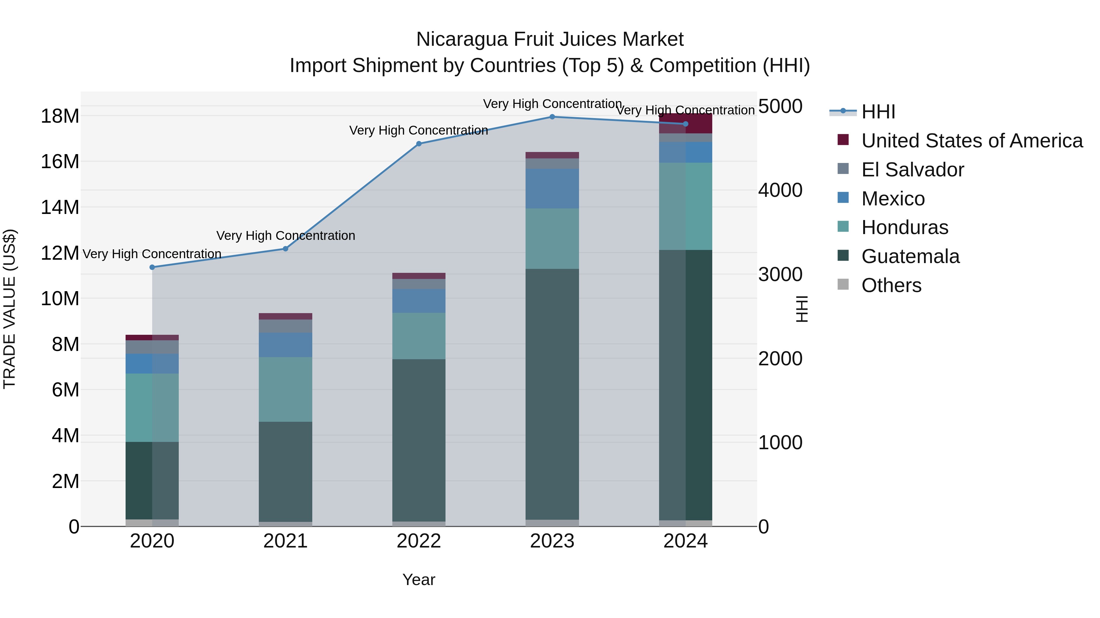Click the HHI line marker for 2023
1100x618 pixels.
click(x=552, y=117)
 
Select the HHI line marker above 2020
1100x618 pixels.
click(x=152, y=267)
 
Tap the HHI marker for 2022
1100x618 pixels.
click(x=419, y=144)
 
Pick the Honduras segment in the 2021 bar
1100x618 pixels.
click(x=285, y=389)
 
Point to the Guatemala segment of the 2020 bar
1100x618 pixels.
click(x=152, y=480)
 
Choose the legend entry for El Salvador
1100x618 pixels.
click(x=912, y=170)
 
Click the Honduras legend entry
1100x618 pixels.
click(x=904, y=227)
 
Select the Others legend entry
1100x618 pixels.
click(x=891, y=285)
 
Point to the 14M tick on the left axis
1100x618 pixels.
click(x=60, y=207)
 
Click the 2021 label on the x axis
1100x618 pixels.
click(x=285, y=541)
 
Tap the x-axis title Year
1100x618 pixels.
click(x=419, y=580)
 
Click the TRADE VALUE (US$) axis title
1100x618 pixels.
click(x=9, y=309)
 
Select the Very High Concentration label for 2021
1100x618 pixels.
click(x=285, y=235)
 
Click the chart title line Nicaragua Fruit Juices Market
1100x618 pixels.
click(x=550, y=39)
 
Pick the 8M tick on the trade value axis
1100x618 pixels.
click(x=65, y=344)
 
